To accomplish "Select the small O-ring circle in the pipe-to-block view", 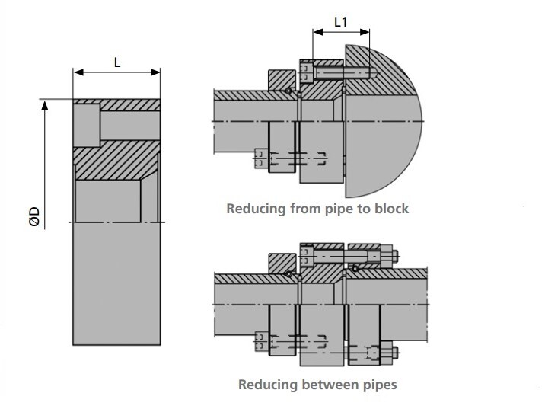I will coord(288,92).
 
